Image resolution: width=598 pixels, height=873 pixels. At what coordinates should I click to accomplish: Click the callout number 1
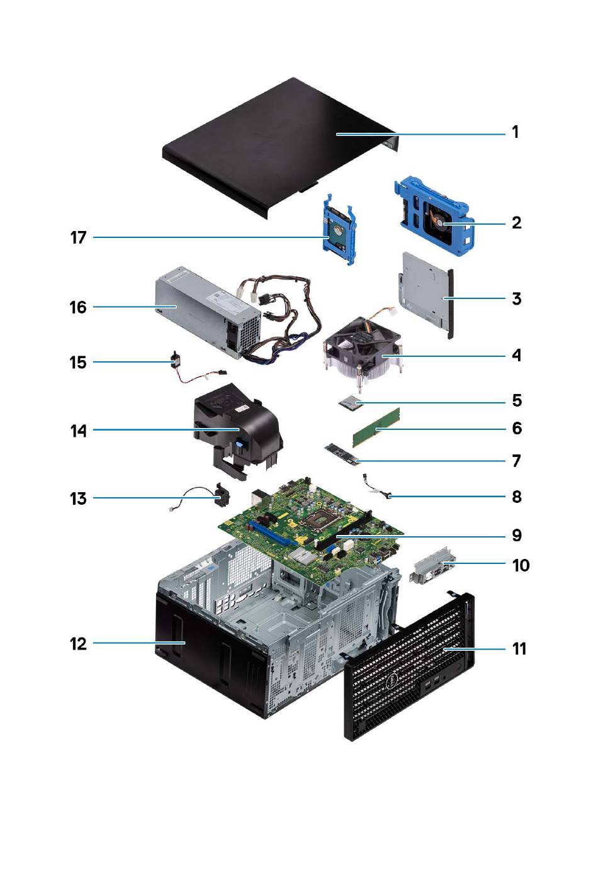pyautogui.click(x=515, y=132)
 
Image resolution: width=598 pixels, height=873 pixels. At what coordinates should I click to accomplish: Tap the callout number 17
pyautogui.click(x=78, y=238)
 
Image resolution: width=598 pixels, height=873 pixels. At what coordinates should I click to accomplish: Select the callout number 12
pyautogui.click(x=78, y=644)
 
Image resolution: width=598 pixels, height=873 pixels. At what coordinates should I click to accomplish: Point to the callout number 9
pyautogui.click(x=516, y=536)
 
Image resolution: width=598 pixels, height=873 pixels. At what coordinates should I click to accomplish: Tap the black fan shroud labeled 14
pyautogui.click(x=236, y=428)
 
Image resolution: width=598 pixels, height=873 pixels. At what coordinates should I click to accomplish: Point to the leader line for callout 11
pyautogui.click(x=475, y=649)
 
